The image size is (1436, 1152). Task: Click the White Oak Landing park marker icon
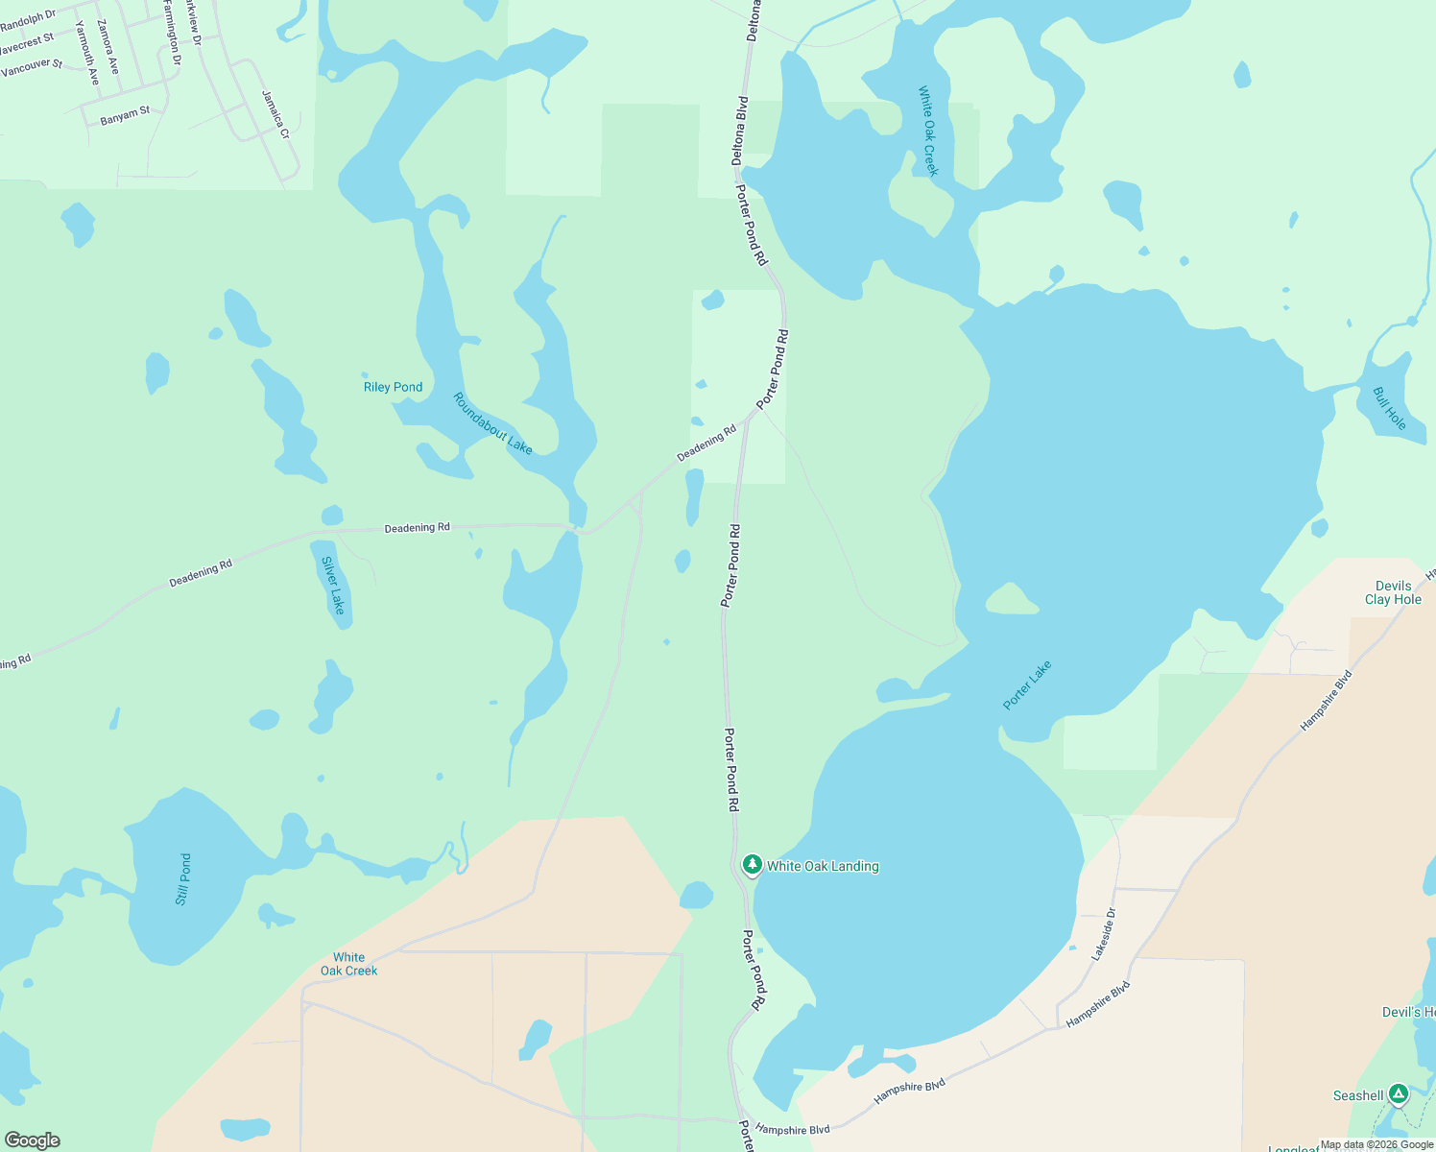[x=753, y=865]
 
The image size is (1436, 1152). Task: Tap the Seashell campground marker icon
[x=1399, y=1093]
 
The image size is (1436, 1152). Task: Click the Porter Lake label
[x=1027, y=684]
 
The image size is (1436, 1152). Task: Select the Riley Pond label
[x=393, y=387]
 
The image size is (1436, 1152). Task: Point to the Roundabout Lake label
[x=492, y=423]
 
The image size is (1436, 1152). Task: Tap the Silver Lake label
[x=333, y=585]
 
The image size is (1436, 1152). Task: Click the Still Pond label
[x=183, y=879]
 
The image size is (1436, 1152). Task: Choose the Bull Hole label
[x=1389, y=409]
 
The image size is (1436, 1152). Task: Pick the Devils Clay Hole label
[x=1393, y=592]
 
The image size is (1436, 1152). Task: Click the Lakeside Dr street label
[x=1104, y=934]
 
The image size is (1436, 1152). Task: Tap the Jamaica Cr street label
[x=275, y=114]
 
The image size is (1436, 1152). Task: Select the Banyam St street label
[x=125, y=115]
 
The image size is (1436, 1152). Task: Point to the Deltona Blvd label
[x=741, y=130]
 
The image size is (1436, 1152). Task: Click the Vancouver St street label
[x=32, y=67]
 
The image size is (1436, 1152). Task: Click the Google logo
[x=32, y=1140]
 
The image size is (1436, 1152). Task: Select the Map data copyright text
[x=1376, y=1144]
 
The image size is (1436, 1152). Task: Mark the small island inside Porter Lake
[x=1011, y=600]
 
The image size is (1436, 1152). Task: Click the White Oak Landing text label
[x=823, y=866]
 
